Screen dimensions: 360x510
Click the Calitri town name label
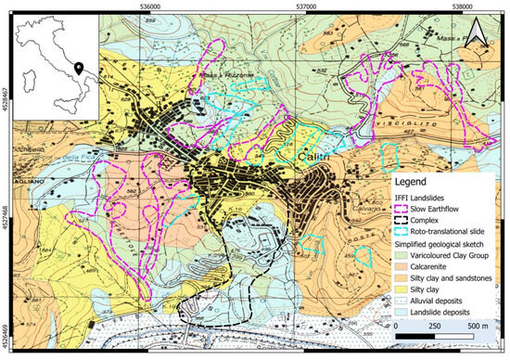313,159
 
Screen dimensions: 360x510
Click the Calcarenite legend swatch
406,263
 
